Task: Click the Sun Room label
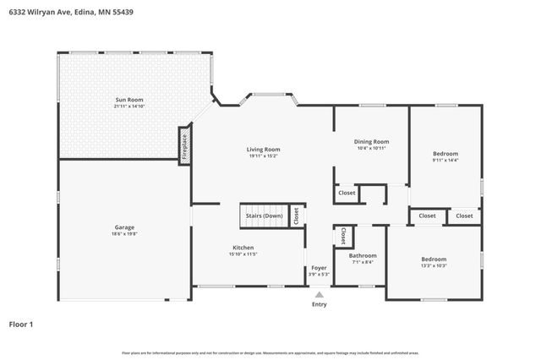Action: pyautogui.click(x=129, y=100)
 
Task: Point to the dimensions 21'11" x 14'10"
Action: pyautogui.click(x=129, y=106)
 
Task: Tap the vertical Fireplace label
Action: pyautogui.click(x=184, y=145)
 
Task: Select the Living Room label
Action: pyautogui.click(x=263, y=149)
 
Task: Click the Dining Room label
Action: pyautogui.click(x=372, y=141)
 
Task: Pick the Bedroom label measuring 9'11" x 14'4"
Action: pyautogui.click(x=445, y=154)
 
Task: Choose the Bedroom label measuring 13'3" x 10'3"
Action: pyautogui.click(x=434, y=259)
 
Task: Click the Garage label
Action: pyautogui.click(x=125, y=227)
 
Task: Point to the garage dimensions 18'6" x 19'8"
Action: pyautogui.click(x=125, y=234)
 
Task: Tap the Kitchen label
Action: pyautogui.click(x=243, y=248)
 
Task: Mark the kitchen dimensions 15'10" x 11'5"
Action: pyautogui.click(x=243, y=254)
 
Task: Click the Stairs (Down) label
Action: pyautogui.click(x=264, y=215)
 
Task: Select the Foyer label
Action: pyautogui.click(x=319, y=267)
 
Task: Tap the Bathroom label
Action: pyautogui.click(x=362, y=255)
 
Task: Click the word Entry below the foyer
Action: pyautogui.click(x=319, y=304)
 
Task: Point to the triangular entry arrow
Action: pyautogui.click(x=319, y=295)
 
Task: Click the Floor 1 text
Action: pyautogui.click(x=21, y=324)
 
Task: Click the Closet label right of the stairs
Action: pyautogui.click(x=297, y=215)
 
